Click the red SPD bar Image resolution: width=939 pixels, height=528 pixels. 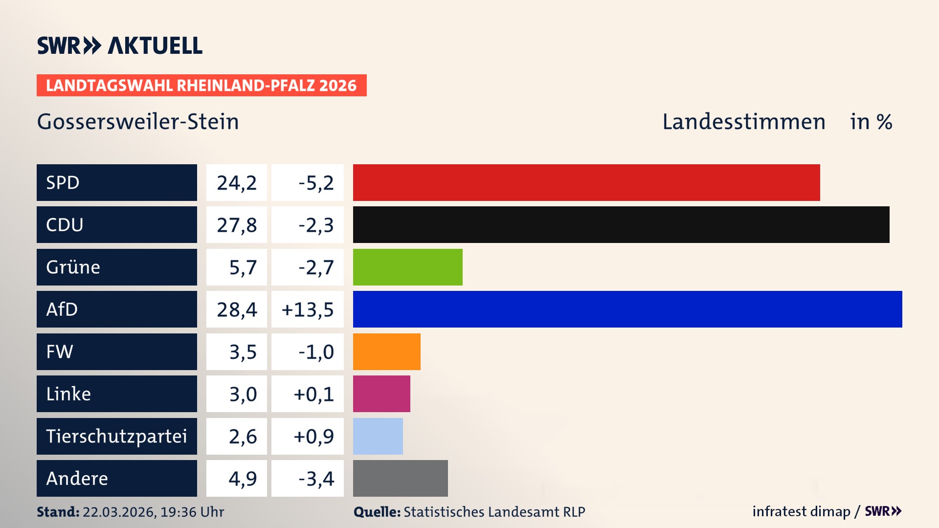586,182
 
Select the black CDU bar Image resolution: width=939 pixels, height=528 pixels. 621,224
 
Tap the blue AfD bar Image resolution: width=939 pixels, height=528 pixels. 627,309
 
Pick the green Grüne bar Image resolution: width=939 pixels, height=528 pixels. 407,267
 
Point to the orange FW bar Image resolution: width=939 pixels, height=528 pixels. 386,352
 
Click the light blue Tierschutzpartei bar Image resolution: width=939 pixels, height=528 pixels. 378,436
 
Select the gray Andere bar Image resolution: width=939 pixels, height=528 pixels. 400,478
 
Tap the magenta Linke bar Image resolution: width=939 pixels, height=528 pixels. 381,394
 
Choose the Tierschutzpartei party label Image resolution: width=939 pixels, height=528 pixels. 116,436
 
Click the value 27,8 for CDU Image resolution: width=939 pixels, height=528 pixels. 237,225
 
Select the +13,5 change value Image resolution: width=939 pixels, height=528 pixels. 308,309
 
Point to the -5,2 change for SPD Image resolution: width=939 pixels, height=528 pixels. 316,183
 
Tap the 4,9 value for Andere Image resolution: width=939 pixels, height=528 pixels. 243,479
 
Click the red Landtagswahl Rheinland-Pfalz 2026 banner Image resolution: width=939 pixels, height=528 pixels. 201,85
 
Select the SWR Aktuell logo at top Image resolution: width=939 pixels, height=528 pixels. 119,45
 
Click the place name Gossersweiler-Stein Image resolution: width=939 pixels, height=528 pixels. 138,122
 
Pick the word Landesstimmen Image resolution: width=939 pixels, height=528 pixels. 743,122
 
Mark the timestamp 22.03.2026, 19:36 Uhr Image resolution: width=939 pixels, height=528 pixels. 153,512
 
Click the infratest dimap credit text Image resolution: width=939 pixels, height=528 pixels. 801,511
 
